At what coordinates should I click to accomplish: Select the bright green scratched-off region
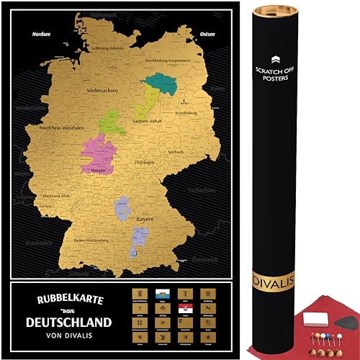tap(112, 122)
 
